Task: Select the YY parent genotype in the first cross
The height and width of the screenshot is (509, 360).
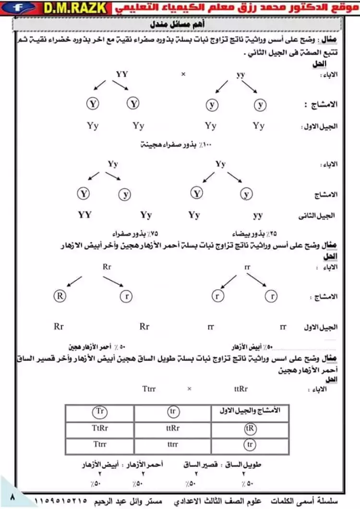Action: pyautogui.click(x=122, y=74)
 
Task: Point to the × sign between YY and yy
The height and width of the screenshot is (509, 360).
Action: pyautogui.click(x=183, y=74)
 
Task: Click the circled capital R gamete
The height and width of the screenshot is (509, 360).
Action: pyautogui.click(x=60, y=296)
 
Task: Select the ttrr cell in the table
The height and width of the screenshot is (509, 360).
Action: pyautogui.click(x=173, y=444)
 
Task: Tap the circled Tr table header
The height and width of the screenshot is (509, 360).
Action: pyautogui.click(x=99, y=412)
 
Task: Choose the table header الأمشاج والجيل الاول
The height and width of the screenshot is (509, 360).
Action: pyautogui.click(x=250, y=412)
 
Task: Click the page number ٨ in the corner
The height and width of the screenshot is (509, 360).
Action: pyautogui.click(x=12, y=498)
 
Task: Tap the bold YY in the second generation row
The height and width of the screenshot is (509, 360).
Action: pyautogui.click(x=84, y=215)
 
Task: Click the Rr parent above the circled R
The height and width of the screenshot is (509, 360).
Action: pyautogui.click(x=107, y=266)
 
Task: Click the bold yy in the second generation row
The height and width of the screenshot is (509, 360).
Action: pyautogui.click(x=258, y=215)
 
